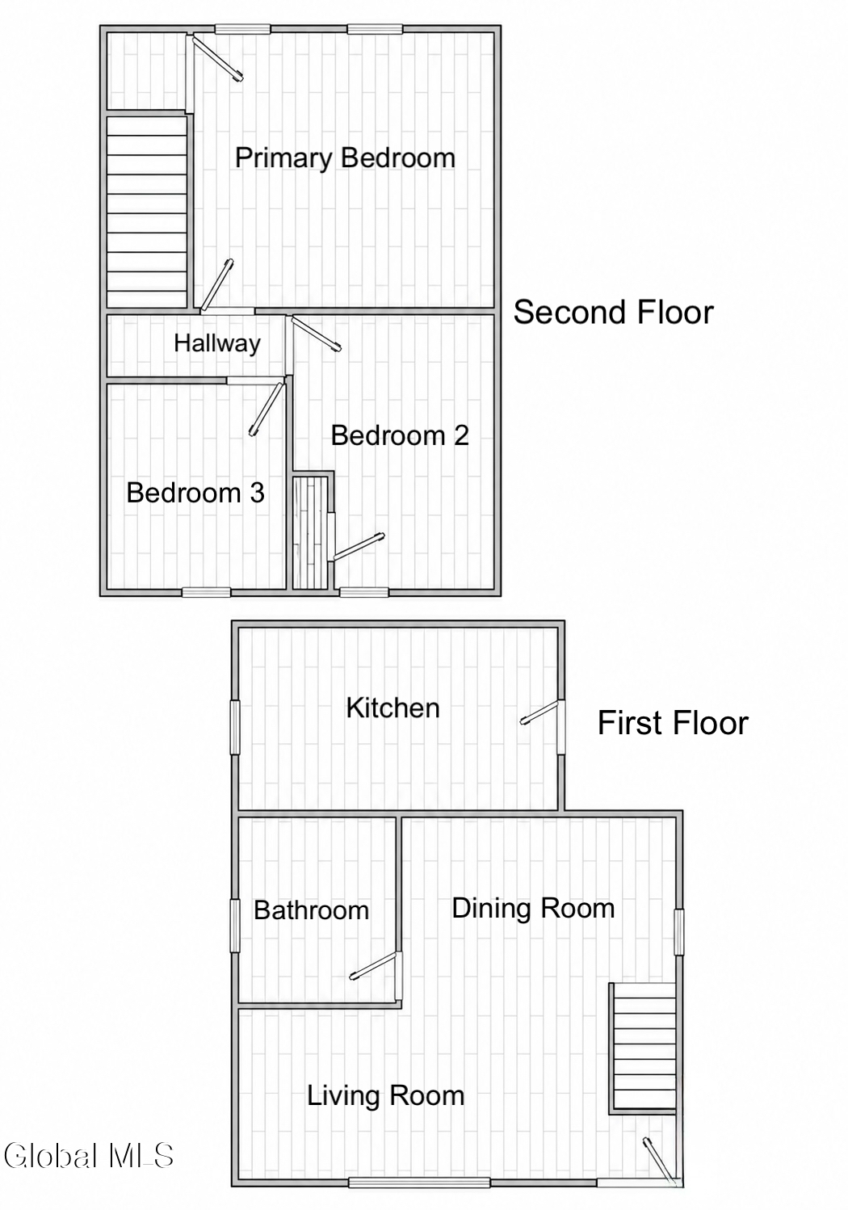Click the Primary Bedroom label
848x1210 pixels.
coord(345,158)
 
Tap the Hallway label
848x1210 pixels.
coord(217,343)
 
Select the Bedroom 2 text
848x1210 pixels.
coord(400,435)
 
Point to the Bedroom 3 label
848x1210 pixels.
coord(195,493)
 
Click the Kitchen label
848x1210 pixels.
coord(393,708)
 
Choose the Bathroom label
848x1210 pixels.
coord(312,910)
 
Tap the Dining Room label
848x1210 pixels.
coord(533,908)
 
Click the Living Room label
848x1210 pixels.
coord(386,1096)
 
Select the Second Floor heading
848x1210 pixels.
coord(613,313)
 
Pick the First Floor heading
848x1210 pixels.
coord(673,723)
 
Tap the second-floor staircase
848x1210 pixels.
coord(146,212)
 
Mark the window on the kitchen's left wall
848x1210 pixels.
coord(235,727)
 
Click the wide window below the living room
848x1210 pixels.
coord(419,1183)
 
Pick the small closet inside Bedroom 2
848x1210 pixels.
coord(310,532)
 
